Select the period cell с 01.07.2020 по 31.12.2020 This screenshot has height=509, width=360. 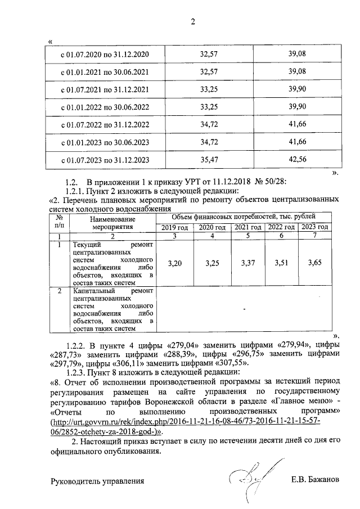tap(105, 55)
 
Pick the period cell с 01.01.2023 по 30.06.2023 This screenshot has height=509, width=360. tap(105, 142)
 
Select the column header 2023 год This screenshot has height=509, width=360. tap(314, 227)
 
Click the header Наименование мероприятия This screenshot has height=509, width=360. tap(113, 223)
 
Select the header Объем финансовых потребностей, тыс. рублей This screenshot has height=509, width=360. tap(244, 217)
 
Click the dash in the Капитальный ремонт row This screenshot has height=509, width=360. tap(245, 309)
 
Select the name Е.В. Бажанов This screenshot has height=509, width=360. tap(316, 481)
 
